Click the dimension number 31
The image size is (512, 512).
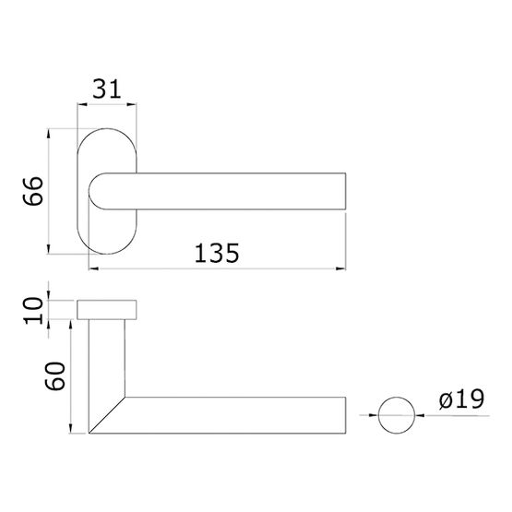coord(107,89)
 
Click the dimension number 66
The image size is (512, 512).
coord(33,191)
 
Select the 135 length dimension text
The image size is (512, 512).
coord(217,253)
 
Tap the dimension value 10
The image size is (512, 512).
coord(33,311)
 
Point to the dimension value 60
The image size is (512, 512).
coord(54,375)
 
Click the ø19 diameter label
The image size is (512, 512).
coord(461,399)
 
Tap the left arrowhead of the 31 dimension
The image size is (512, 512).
coord(82,104)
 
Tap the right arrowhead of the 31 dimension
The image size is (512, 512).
coord(132,104)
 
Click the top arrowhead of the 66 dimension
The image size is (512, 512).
coord(48,134)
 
